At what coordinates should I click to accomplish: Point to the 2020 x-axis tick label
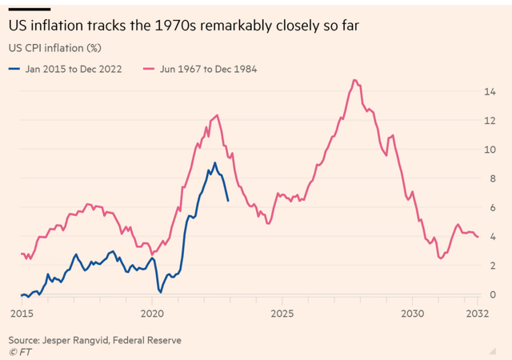coord(152,313)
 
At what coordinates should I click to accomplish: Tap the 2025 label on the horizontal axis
coord(282,313)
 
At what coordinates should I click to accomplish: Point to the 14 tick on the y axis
coord(499,91)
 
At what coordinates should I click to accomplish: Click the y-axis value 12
coord(499,120)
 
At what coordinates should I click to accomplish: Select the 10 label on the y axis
coord(499,150)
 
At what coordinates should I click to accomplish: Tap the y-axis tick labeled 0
coord(502,294)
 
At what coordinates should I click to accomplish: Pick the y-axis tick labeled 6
coord(502,207)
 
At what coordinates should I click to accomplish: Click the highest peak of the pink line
coord(354,80)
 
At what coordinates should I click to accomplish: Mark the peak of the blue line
coord(214,163)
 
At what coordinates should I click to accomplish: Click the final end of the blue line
coord(229,200)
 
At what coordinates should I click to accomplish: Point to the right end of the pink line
coord(478,237)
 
